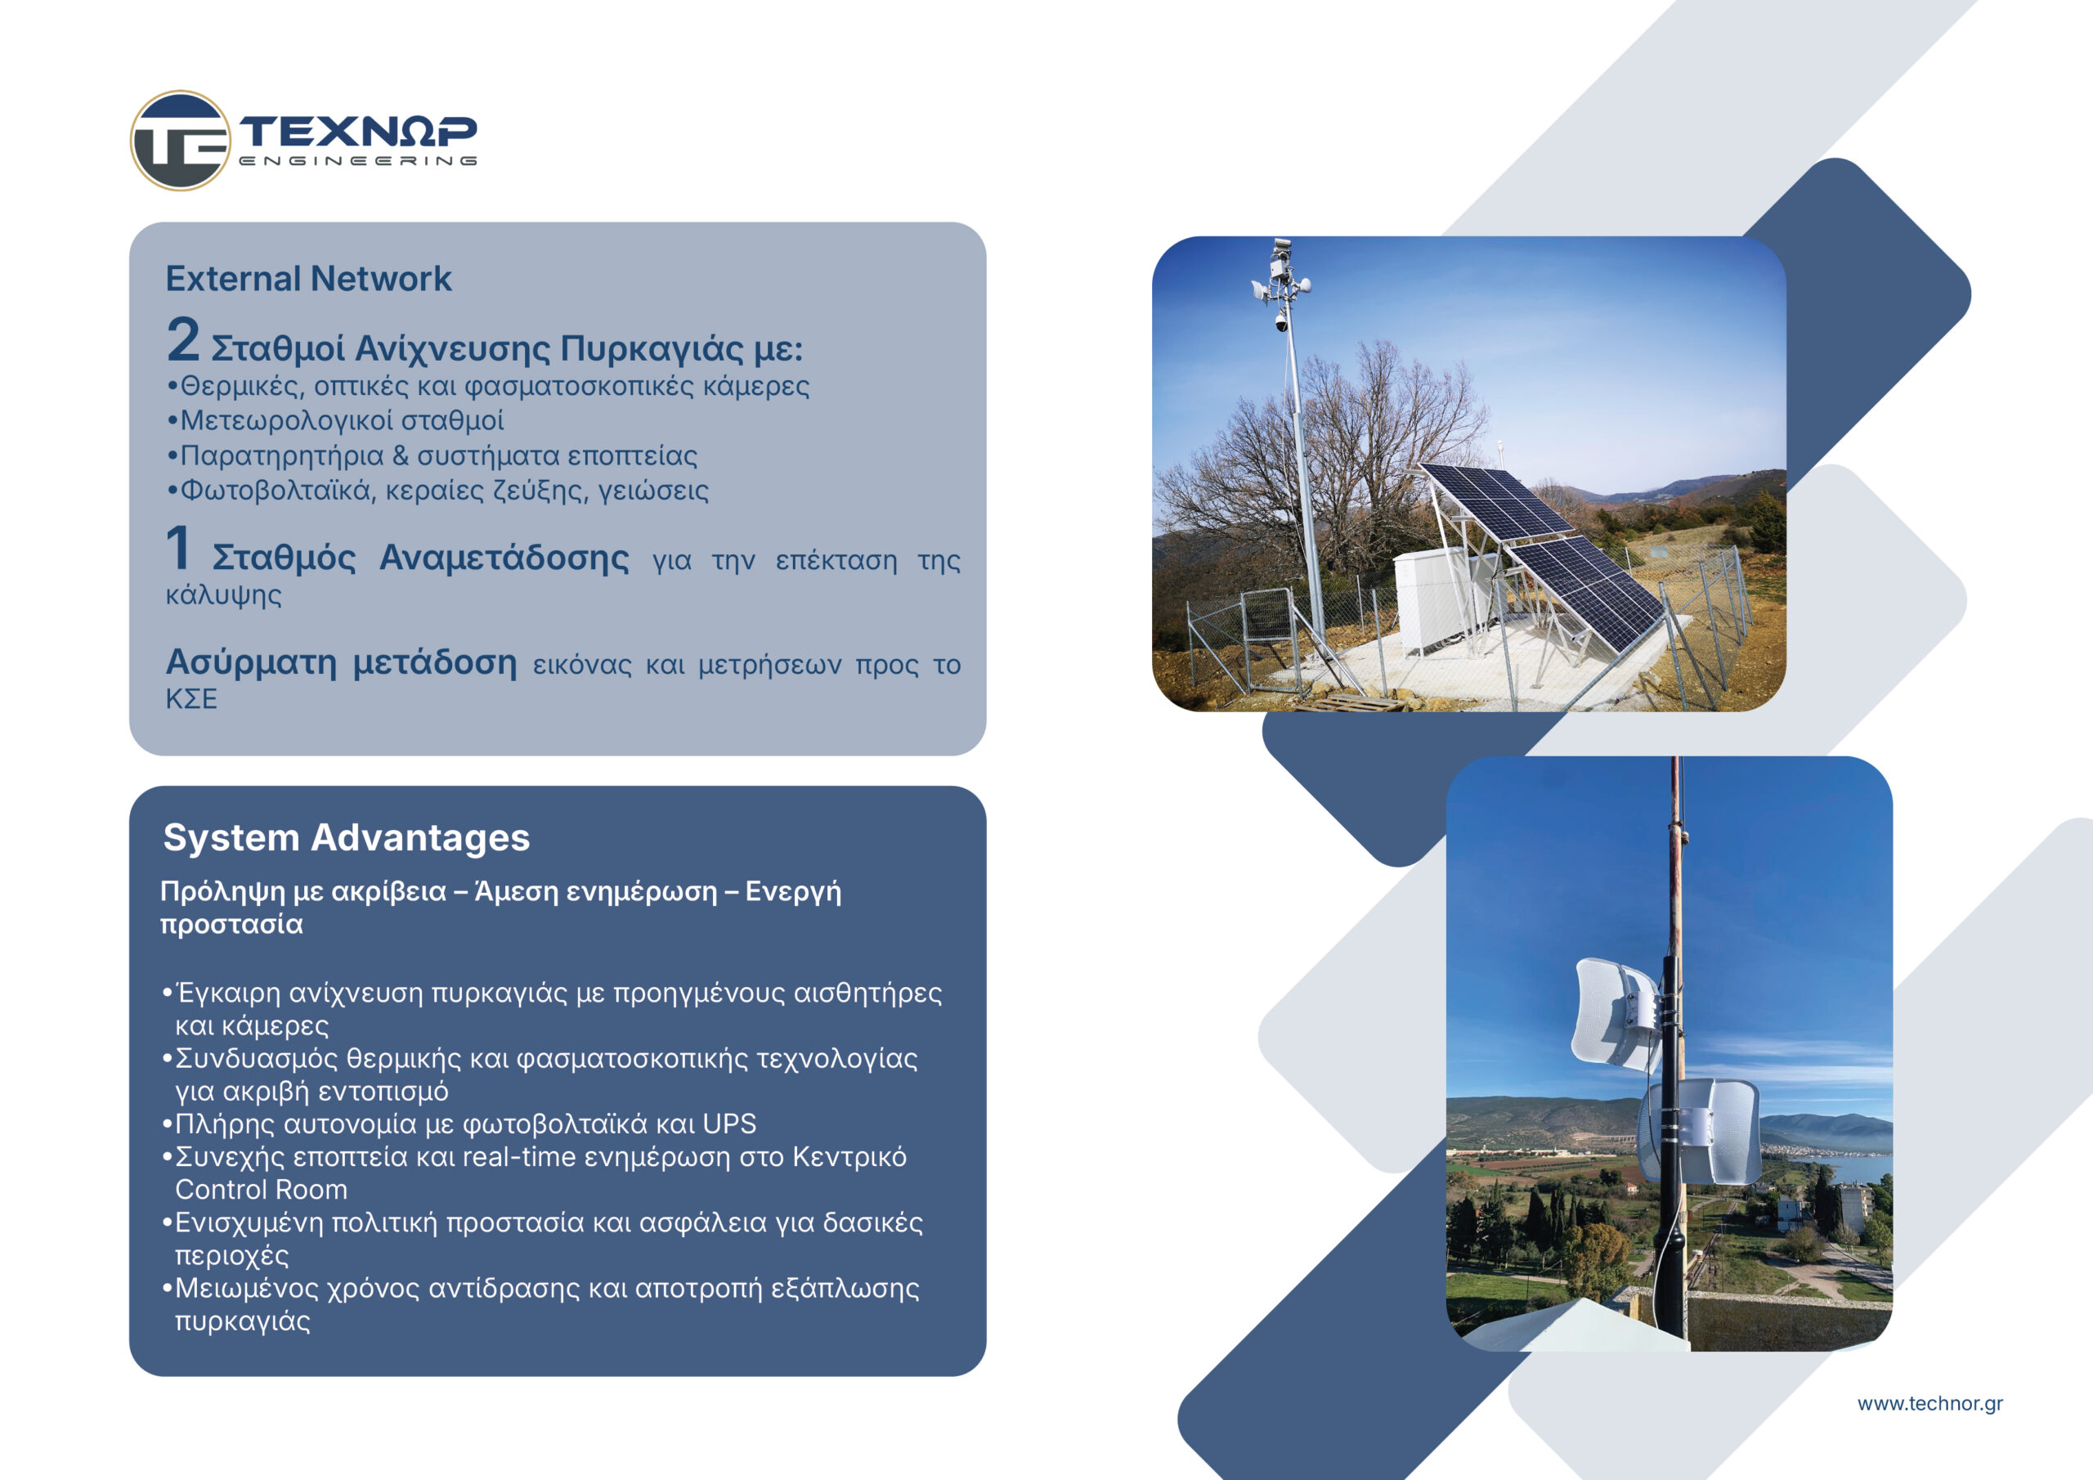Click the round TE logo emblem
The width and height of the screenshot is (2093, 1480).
pyautogui.click(x=181, y=141)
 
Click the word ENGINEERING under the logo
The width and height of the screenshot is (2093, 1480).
pyautogui.click(x=358, y=160)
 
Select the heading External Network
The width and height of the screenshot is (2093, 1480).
pyautogui.click(x=308, y=278)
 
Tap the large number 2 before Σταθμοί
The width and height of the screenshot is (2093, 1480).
pyautogui.click(x=182, y=340)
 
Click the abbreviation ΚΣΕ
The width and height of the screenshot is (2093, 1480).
pyautogui.click(x=191, y=699)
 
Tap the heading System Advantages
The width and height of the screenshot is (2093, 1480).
pyautogui.click(x=347, y=837)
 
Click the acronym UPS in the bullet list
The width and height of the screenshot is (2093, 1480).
pyautogui.click(x=729, y=1123)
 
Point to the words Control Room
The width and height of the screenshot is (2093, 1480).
pyautogui.click(x=261, y=1189)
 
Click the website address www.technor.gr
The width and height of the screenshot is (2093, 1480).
pyautogui.click(x=1929, y=1403)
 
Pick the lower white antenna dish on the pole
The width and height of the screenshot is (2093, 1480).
pyautogui.click(x=1701, y=1132)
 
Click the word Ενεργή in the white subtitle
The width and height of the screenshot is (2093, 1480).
pyautogui.click(x=793, y=892)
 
